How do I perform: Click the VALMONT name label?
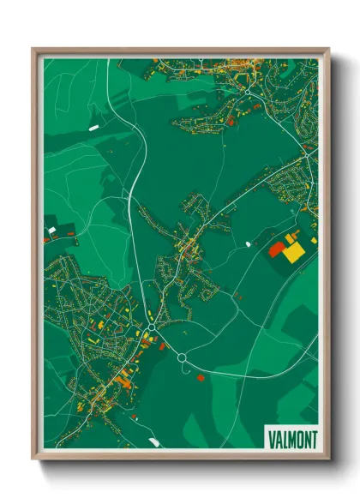(x=291, y=439)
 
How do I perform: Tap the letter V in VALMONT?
(x=271, y=439)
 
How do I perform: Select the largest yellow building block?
(x=293, y=253)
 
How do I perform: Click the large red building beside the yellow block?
(x=277, y=249)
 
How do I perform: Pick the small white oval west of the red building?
(x=249, y=244)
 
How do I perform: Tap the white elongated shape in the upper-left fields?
(x=93, y=129)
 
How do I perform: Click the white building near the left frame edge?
(x=52, y=230)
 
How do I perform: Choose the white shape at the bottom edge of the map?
(x=154, y=442)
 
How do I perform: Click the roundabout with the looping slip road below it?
(x=182, y=358)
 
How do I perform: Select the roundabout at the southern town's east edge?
(x=151, y=326)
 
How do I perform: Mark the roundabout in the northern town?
(x=247, y=90)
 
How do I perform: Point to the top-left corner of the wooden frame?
(x=33, y=49)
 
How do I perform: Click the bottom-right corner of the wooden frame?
(x=328, y=460)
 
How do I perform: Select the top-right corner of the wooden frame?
(x=328, y=49)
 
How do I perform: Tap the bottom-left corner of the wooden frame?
(x=33, y=460)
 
